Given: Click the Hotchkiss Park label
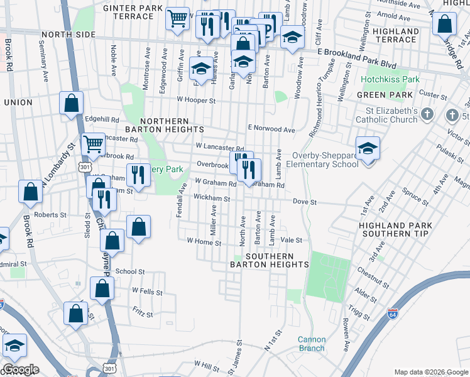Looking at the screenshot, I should [390, 80].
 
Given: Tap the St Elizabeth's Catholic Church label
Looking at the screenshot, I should [385, 114].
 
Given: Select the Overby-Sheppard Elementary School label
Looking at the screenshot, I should [322, 160].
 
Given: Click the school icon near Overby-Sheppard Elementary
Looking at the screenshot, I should [368, 149].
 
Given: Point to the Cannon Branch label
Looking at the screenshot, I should [311, 344].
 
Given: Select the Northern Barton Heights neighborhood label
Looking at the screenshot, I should [165, 125].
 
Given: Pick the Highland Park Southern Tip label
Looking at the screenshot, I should [393, 229].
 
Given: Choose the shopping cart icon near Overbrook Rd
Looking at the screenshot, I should [94, 144].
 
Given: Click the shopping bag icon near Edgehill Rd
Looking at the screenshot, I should [72, 102].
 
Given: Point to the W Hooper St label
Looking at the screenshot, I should [196, 100].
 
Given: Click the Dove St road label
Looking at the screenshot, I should [305, 202].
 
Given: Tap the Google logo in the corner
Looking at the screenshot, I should [21, 369].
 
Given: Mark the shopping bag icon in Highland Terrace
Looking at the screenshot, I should [444, 25].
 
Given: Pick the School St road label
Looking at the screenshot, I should [130, 271].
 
